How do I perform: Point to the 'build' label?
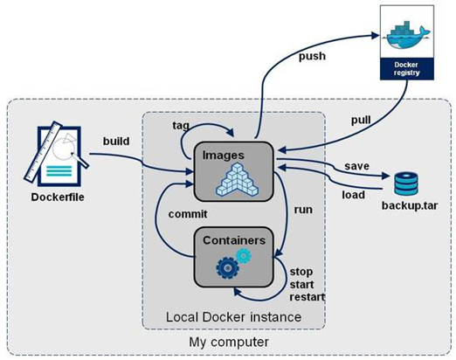point(117,142)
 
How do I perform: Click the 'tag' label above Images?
point(181,126)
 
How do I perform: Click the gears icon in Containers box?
point(231,262)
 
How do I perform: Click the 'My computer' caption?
point(228,342)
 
